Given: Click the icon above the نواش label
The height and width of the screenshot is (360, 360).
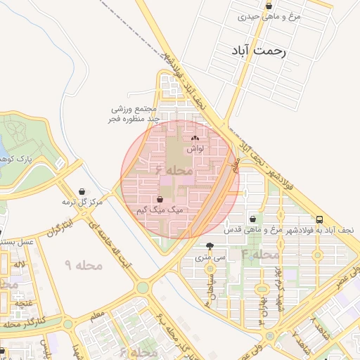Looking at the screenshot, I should point(195,139).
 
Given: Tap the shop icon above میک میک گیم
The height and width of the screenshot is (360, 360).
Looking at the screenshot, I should point(161,200).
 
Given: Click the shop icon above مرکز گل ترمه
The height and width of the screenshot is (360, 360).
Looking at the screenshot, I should point(82,191).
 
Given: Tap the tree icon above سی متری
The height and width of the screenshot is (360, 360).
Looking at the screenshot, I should point(210,246).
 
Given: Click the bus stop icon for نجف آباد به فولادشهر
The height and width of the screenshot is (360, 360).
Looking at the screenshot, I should point(320,219).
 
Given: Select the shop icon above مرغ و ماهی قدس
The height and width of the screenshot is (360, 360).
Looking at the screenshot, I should point(252,219).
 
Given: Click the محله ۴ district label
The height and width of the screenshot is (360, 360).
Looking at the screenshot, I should point(259,254).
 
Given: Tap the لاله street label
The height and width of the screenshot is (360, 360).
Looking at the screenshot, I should point(20,264).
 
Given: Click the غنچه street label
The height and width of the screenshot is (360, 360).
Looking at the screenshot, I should point(25,303).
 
